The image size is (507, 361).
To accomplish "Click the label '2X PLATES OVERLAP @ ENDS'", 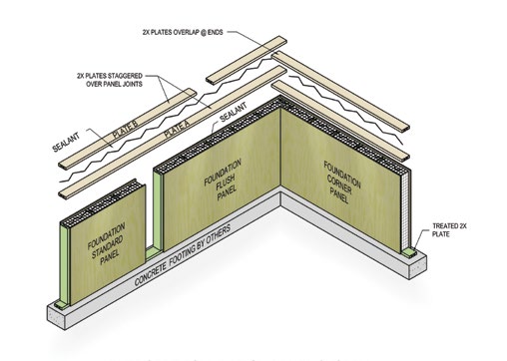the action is coord(198,31).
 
